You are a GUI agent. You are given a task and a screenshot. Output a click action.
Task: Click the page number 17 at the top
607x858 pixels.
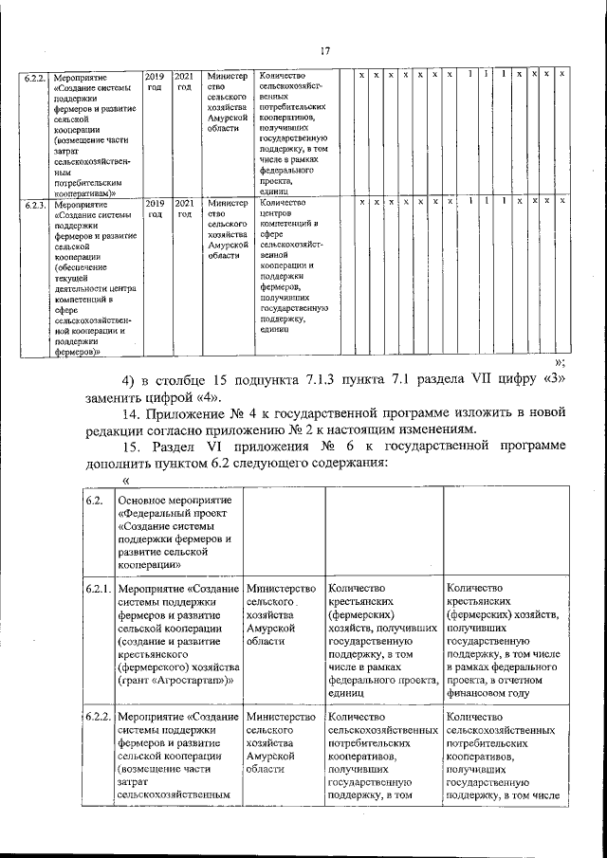[323, 51]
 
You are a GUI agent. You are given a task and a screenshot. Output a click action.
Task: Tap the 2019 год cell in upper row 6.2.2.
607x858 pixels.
[153, 80]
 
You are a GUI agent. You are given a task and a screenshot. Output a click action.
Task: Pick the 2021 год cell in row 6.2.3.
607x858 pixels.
[185, 208]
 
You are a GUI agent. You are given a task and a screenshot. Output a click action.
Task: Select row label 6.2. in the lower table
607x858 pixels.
[94, 500]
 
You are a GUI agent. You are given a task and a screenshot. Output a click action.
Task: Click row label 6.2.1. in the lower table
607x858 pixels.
[99, 590]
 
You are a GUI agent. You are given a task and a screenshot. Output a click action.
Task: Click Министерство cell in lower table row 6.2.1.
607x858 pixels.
[281, 590]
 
